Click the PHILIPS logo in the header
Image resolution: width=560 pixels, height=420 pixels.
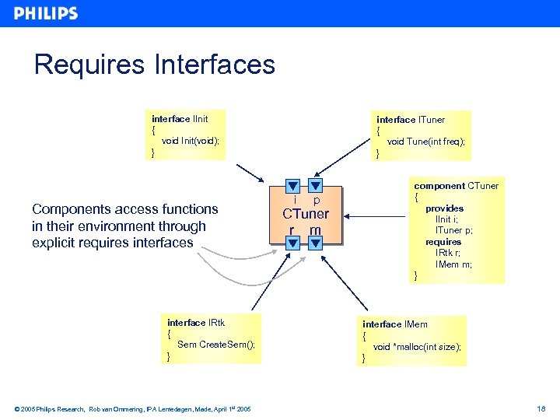(46, 13)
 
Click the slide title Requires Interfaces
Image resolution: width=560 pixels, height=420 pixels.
(154, 64)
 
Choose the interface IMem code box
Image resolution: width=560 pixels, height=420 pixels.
(412, 341)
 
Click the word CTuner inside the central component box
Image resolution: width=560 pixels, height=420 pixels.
(305, 214)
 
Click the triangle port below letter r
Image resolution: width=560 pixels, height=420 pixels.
(292, 243)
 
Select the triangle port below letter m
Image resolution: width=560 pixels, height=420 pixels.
(315, 243)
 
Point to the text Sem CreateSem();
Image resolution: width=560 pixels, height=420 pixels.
(215, 345)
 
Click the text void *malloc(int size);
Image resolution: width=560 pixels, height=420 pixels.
(417, 347)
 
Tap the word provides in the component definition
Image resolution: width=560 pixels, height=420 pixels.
(444, 208)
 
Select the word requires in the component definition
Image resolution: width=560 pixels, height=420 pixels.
(443, 242)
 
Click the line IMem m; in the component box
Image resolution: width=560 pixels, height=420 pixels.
(453, 264)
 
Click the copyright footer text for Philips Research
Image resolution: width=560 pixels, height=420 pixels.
(132, 408)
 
